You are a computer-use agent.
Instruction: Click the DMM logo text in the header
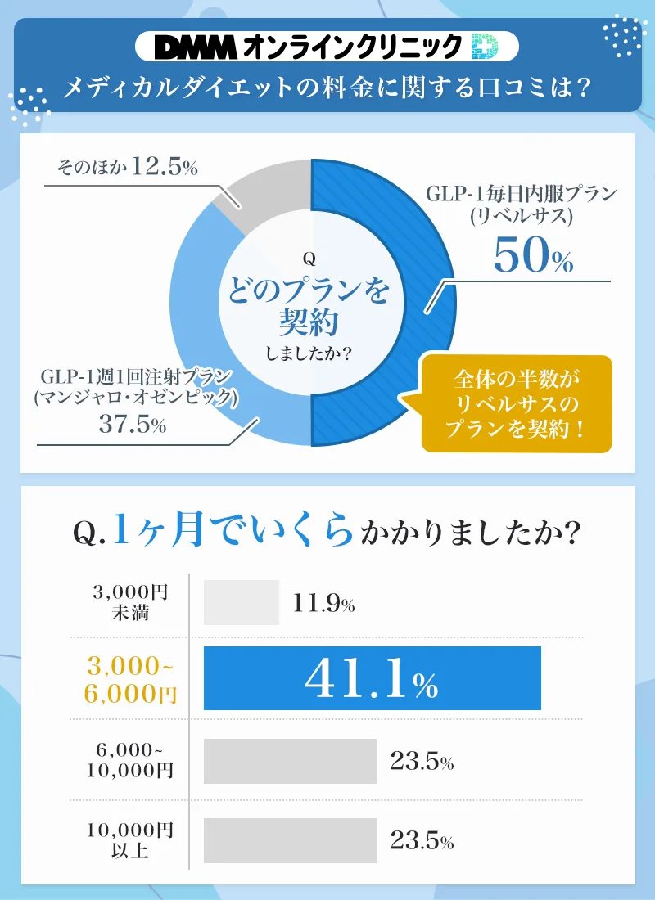click(196, 47)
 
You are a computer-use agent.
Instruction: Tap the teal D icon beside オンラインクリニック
click(486, 47)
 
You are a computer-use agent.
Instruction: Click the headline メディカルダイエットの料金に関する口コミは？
click(327, 86)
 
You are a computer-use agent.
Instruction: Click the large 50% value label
click(533, 258)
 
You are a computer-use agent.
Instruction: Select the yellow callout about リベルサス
click(517, 404)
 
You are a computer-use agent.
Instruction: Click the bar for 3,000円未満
click(242, 603)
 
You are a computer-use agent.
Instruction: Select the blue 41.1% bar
click(372, 678)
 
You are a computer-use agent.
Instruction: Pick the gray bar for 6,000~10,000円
click(290, 762)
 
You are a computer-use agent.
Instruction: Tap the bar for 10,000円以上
click(290, 840)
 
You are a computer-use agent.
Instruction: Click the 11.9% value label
click(323, 604)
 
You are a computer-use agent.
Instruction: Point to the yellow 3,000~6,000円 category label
click(130, 678)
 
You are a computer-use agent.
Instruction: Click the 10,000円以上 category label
click(130, 840)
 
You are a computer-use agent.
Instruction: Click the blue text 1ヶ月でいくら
click(233, 533)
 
